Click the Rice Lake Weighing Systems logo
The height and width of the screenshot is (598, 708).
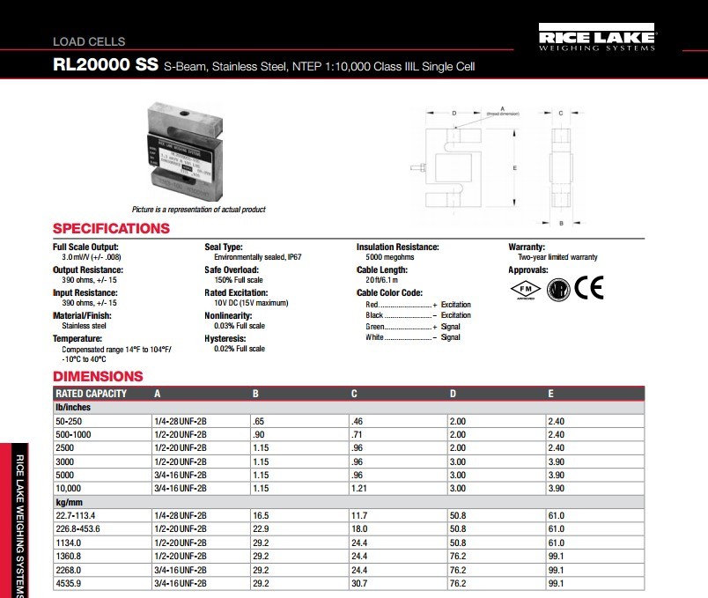[x=596, y=41]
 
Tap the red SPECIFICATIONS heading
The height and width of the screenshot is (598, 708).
[x=111, y=228]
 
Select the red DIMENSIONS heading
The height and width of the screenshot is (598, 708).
[x=98, y=377]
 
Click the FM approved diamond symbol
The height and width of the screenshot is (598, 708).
[x=525, y=290]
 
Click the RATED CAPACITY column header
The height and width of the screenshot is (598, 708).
[x=92, y=394]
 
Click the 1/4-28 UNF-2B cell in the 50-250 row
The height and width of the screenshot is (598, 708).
[x=181, y=423]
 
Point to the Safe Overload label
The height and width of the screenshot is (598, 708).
[x=232, y=270]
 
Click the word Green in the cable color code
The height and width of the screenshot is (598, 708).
[x=376, y=327]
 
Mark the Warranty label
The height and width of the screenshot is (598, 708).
[x=527, y=247]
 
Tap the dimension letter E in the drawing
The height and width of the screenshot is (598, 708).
[x=515, y=166]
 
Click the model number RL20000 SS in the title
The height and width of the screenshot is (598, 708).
[x=107, y=66]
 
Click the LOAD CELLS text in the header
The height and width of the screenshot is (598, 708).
[x=89, y=41]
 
